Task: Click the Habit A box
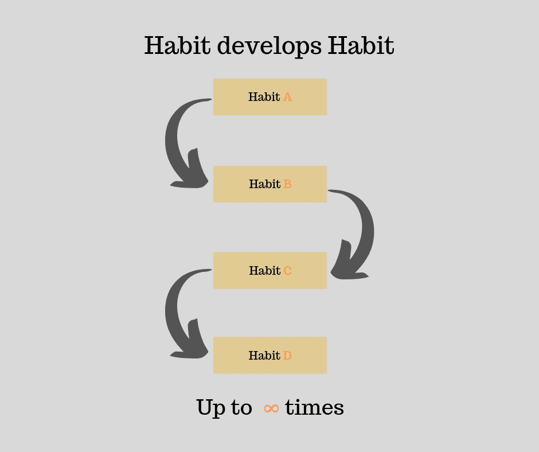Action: tap(270, 97)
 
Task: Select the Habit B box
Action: tap(270, 184)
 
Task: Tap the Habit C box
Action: tap(270, 270)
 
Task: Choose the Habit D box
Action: tap(270, 355)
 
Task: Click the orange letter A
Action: tap(288, 97)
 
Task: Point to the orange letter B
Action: tap(288, 184)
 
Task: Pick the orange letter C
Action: tap(288, 270)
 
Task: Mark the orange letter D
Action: tap(288, 356)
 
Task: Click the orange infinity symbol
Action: tap(271, 408)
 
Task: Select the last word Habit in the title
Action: tap(361, 46)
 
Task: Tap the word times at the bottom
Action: tap(314, 408)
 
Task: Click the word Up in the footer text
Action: tap(210, 408)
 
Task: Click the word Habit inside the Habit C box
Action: tap(264, 270)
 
